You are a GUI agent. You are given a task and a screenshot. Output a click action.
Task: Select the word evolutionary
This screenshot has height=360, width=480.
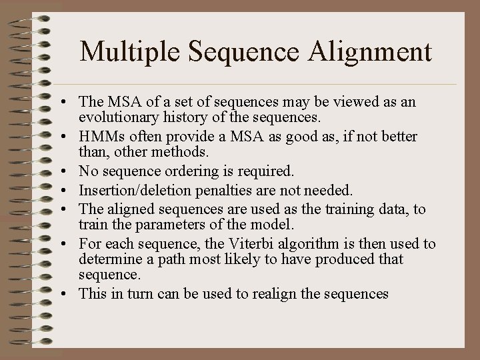point(114,119)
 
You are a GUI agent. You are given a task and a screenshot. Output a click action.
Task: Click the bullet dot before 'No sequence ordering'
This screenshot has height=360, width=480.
point(69,173)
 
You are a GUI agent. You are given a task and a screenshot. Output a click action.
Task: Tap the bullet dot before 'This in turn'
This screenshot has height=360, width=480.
point(69,295)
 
